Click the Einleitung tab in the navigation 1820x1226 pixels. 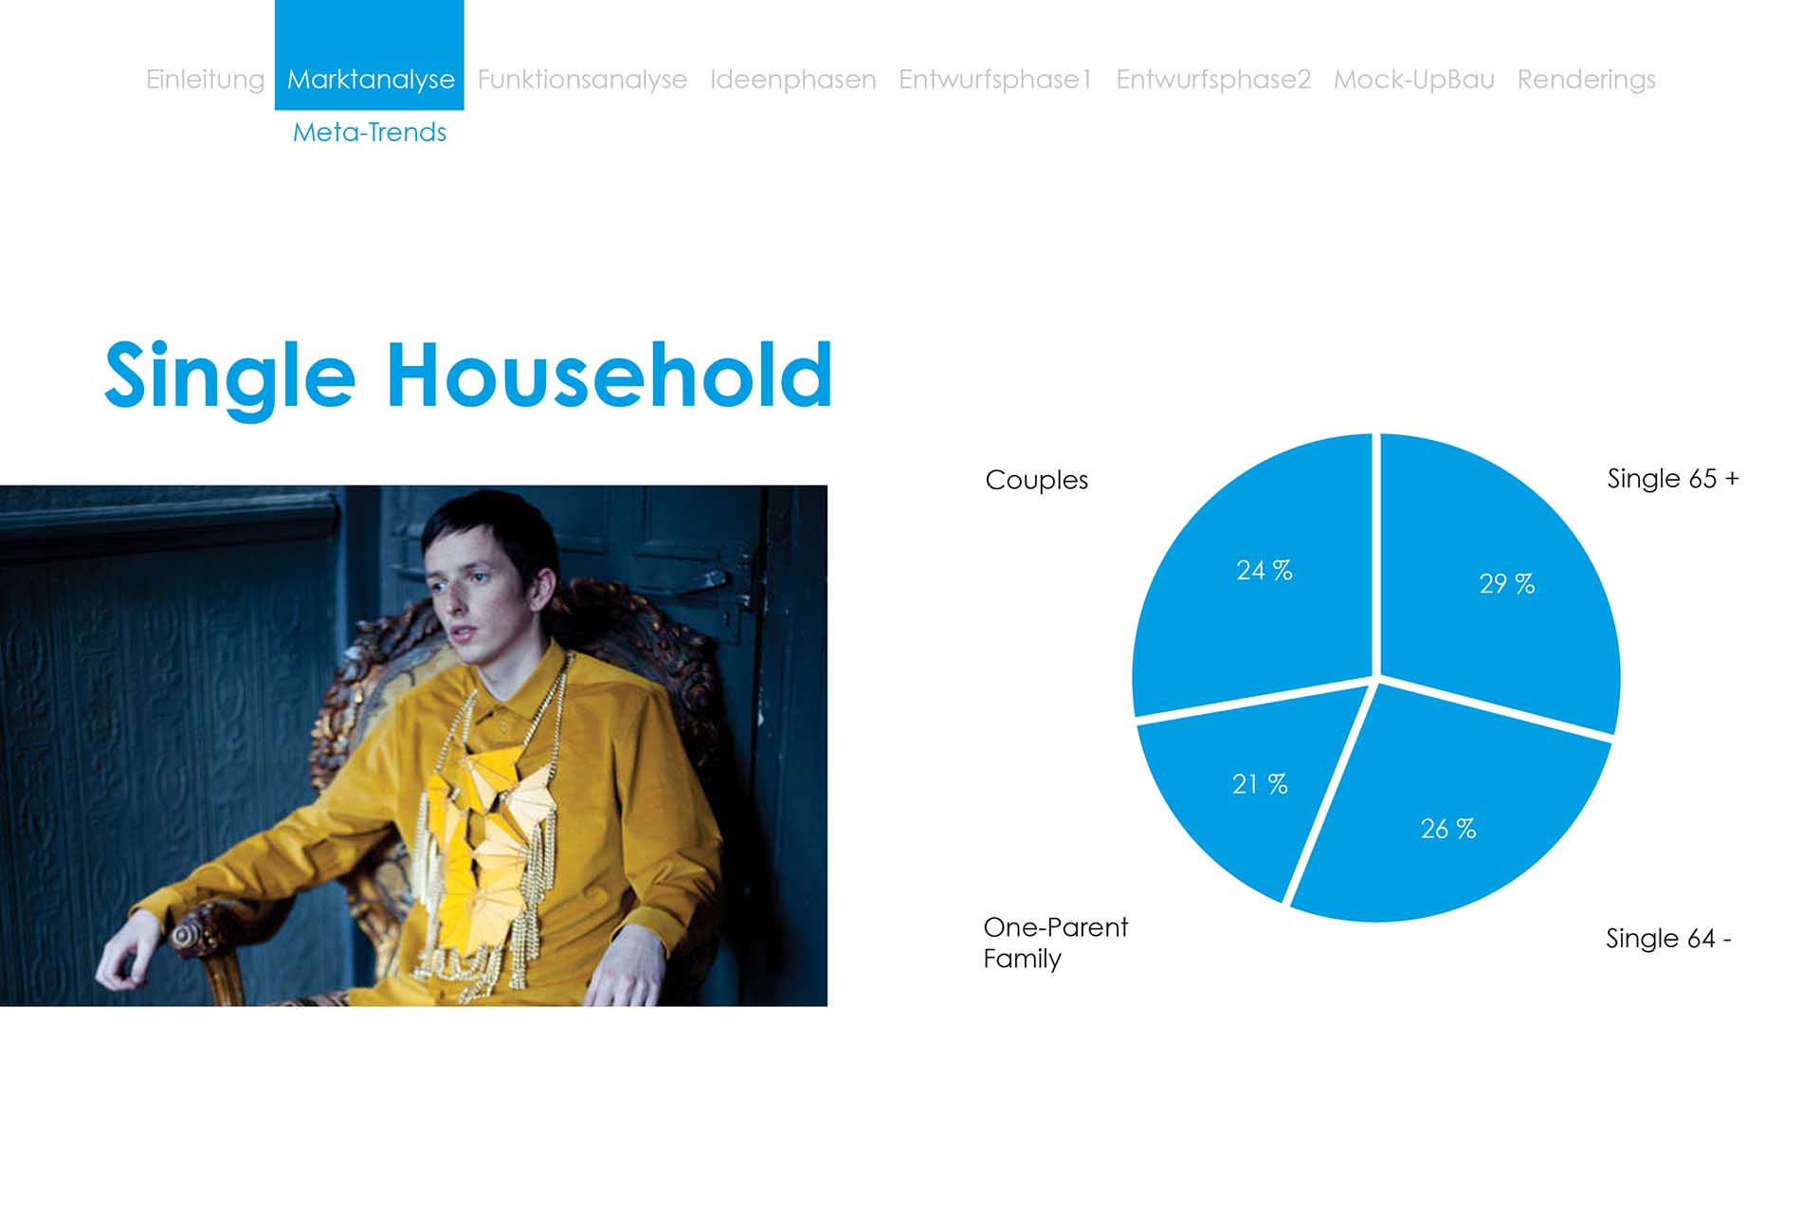tap(205, 80)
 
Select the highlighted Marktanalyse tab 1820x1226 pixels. tap(370, 80)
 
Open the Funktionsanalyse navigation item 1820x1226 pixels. tap(582, 80)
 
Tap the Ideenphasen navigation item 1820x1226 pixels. tap(792, 80)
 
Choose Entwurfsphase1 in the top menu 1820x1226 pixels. tap(995, 80)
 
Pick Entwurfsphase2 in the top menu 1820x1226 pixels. tap(1213, 80)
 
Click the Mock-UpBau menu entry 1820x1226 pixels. tap(1413, 80)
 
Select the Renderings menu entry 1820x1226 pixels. tap(1586, 80)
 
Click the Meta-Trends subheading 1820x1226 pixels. tap(370, 132)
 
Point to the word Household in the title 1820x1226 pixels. tap(610, 375)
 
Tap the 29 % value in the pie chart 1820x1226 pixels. tap(1506, 583)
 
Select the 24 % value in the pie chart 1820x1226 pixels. tap(1264, 570)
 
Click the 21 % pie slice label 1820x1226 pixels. tap(1260, 784)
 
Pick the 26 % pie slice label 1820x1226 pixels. tap(1447, 829)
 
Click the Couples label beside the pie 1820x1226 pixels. tap(1036, 481)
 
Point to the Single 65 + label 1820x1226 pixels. tap(1673, 479)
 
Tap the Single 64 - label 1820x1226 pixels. tap(1668, 939)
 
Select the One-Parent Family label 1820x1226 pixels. tap(1055, 942)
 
